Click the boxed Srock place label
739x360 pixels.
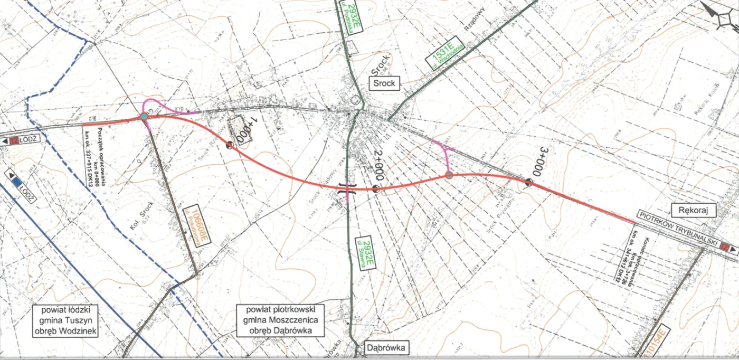point(385,83)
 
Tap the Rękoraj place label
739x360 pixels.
point(693,211)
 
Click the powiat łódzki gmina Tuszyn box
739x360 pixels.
point(66,320)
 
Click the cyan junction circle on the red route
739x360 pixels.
point(144,116)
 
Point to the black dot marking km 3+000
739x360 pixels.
point(528,182)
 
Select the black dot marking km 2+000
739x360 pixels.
point(375,188)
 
